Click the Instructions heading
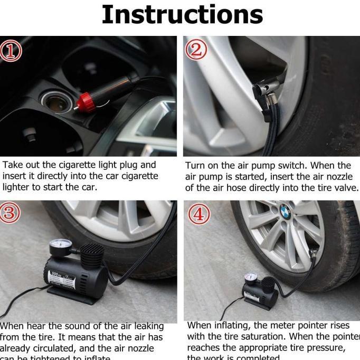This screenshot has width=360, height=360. click(182, 15)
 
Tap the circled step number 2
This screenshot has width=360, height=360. click(196, 50)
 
